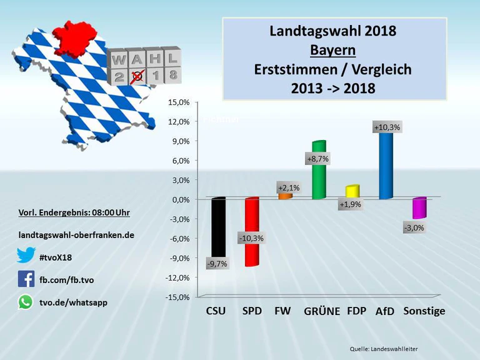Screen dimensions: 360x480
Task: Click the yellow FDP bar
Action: coord(352,191)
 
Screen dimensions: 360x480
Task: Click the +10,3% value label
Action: coord(387,127)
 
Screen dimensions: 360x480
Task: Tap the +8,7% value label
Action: coord(318,159)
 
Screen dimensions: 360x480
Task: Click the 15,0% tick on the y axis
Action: coord(179,102)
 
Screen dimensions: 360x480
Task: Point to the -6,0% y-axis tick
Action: coord(179,238)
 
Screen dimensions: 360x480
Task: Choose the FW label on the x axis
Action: coord(282,311)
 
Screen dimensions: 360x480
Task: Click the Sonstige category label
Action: coord(424,311)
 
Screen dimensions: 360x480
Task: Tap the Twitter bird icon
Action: coord(26,256)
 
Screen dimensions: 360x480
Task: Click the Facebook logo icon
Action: coord(26,279)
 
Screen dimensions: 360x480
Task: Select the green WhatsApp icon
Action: coord(26,302)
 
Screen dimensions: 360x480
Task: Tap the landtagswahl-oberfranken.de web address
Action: coord(77,235)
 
